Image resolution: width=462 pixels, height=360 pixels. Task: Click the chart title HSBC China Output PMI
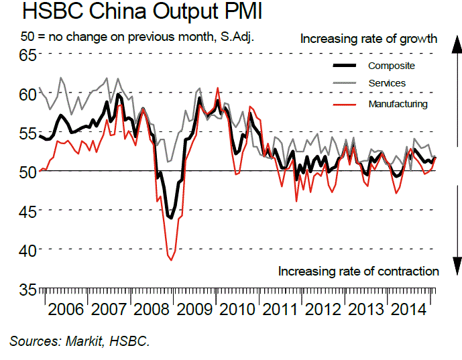(x=142, y=11)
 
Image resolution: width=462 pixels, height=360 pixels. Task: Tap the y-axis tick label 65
(x=27, y=55)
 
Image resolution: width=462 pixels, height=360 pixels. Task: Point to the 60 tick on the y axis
(x=27, y=95)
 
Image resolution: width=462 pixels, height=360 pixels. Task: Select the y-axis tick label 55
(x=27, y=133)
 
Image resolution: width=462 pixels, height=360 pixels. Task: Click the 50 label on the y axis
(x=27, y=172)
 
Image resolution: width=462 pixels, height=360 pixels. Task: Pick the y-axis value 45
(x=27, y=211)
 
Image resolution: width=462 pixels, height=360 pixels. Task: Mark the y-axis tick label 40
(x=27, y=251)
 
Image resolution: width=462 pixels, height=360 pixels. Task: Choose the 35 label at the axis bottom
(x=27, y=290)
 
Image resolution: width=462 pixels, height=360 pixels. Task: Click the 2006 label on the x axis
(x=66, y=309)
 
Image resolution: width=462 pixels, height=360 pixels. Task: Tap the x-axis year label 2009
(x=194, y=309)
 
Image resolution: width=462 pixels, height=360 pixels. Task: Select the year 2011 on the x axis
(x=280, y=309)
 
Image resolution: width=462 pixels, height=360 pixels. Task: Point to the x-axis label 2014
(x=408, y=309)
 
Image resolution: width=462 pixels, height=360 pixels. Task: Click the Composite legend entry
(x=392, y=66)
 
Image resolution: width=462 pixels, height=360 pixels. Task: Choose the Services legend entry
(x=387, y=83)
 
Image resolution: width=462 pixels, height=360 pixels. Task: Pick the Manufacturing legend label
(x=398, y=104)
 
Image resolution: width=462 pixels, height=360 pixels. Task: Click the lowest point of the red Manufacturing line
(x=171, y=260)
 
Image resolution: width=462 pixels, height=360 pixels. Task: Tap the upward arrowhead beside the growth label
(x=457, y=44)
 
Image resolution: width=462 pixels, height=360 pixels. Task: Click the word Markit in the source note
(x=84, y=341)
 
